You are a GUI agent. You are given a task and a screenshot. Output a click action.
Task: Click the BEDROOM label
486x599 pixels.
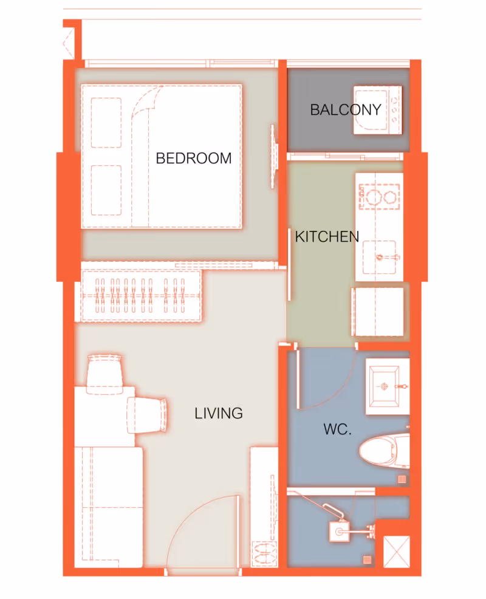tap(194, 158)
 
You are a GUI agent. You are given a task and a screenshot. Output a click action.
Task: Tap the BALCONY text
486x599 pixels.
tap(346, 110)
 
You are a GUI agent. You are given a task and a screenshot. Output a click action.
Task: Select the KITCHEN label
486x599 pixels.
tap(327, 237)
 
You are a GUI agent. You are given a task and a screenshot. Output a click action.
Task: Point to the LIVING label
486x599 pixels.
tap(219, 413)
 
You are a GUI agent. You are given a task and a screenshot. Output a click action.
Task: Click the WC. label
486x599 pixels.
tap(337, 430)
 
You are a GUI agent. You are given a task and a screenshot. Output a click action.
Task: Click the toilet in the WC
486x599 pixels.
tap(385, 451)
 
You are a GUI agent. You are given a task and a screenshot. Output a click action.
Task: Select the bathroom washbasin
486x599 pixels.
tap(388, 386)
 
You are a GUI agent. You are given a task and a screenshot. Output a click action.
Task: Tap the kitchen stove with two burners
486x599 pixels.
tap(379, 197)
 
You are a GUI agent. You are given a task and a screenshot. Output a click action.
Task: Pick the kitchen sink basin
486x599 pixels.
tap(379, 257)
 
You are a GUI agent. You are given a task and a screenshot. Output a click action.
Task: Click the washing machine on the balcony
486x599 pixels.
tap(377, 110)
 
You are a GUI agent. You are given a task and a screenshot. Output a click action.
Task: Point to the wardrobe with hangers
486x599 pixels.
tap(140, 295)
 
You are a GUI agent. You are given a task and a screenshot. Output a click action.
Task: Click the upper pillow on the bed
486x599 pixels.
tap(106, 123)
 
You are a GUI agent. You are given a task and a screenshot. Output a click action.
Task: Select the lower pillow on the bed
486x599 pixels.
tap(106, 190)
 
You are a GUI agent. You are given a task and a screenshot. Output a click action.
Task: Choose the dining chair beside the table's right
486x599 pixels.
tap(147, 416)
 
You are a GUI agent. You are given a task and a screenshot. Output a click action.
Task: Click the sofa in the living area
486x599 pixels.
tap(109, 507)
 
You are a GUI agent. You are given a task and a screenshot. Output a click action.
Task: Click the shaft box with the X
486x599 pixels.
tap(396, 552)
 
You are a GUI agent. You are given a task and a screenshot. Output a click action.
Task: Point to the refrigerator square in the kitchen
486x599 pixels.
tap(377, 312)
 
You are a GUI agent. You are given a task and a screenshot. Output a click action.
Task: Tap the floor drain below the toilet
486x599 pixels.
tap(402, 479)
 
